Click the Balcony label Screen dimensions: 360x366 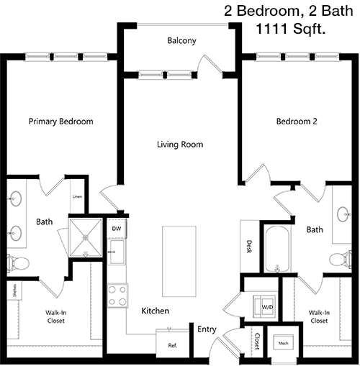click(x=181, y=41)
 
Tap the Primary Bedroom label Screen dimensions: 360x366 click(x=61, y=122)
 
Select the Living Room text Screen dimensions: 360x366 click(x=180, y=145)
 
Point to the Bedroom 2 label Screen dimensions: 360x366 click(x=297, y=122)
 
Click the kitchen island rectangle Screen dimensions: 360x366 click(x=179, y=261)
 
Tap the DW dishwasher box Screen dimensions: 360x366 click(x=117, y=229)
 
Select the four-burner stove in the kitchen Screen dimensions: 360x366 click(x=117, y=296)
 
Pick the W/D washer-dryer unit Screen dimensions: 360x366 click(x=264, y=306)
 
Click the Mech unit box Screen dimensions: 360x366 click(x=284, y=343)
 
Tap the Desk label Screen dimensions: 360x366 click(x=249, y=247)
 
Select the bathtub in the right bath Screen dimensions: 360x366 click(x=277, y=249)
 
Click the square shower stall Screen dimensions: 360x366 click(x=86, y=237)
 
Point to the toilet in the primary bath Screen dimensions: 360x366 click(x=18, y=264)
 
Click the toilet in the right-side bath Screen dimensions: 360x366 click(x=341, y=259)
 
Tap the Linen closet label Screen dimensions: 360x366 click(x=77, y=197)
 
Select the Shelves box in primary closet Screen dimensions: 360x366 click(x=14, y=290)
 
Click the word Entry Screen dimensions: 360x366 click(x=207, y=329)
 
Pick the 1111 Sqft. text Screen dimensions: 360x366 click(x=291, y=29)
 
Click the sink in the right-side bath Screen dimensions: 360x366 click(x=344, y=214)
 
